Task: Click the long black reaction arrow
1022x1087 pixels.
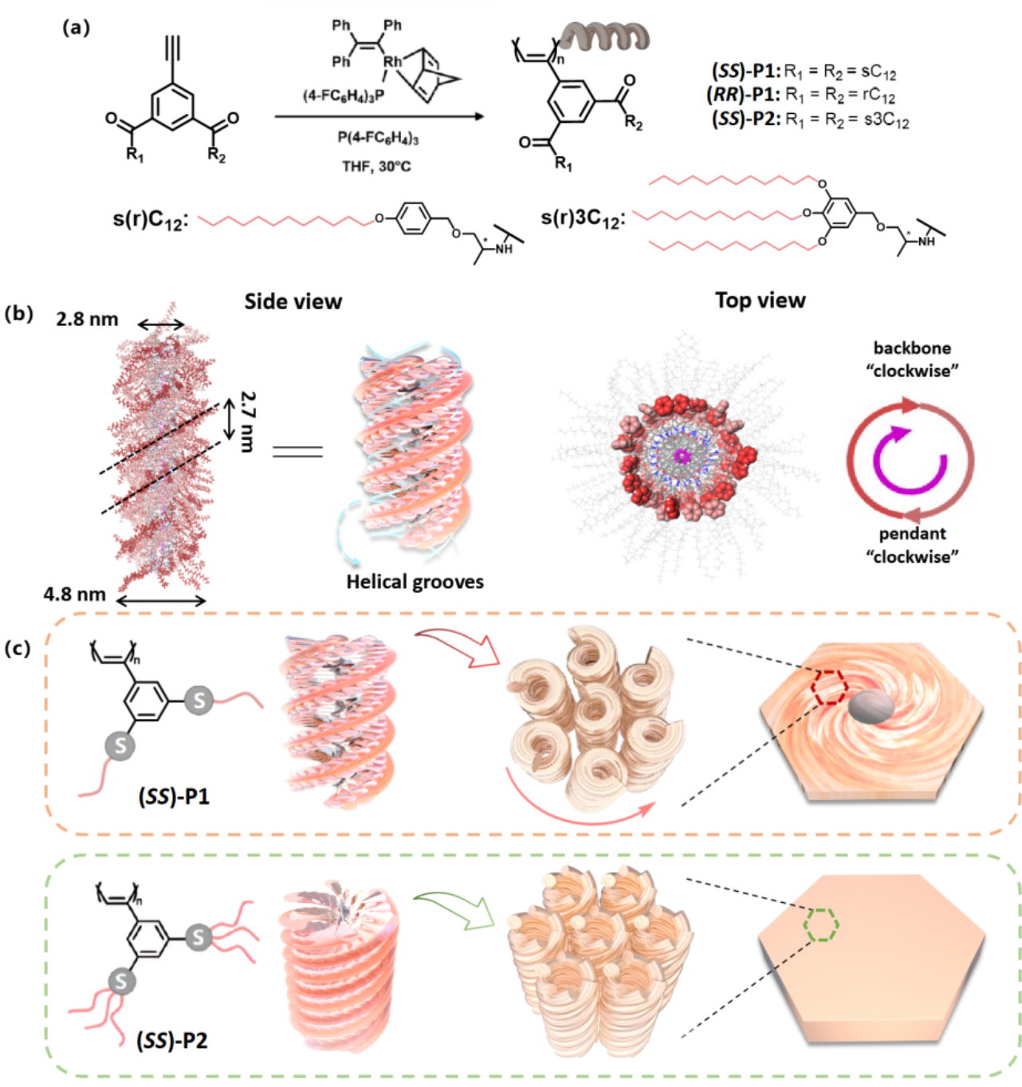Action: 379,116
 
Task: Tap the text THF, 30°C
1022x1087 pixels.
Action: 376,167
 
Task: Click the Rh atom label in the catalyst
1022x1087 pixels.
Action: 392,61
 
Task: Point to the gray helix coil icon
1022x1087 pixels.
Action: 604,36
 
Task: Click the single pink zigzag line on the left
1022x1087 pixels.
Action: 285,220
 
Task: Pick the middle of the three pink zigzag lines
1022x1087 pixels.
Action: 716,215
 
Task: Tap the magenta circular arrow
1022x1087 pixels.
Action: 910,460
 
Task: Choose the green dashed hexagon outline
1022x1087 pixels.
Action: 821,924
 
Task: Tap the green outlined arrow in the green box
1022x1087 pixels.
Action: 458,908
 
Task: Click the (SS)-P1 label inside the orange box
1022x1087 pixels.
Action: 174,796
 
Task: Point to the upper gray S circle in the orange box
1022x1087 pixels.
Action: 199,700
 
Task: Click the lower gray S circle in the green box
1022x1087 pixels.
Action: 121,981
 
